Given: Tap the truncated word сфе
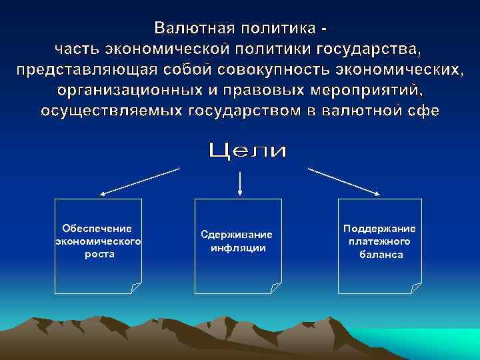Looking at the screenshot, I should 421,110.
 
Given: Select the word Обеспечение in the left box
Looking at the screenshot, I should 97,229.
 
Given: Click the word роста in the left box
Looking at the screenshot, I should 98,253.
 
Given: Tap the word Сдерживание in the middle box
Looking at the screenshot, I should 237,235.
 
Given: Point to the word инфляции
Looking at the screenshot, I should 238,248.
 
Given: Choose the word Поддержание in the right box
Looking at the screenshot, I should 379,229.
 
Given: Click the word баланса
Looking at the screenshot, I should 381,254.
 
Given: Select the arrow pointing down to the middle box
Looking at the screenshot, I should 239,184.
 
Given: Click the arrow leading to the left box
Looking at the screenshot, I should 140,182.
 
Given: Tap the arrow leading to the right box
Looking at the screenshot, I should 344,182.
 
